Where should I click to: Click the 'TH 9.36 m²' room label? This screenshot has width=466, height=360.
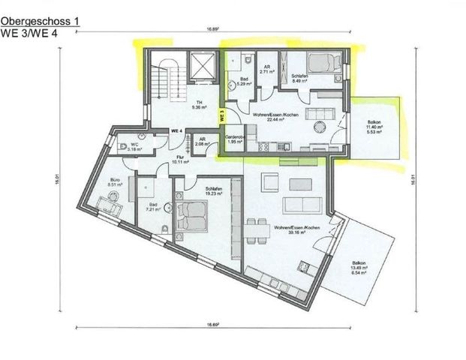pos(199,105)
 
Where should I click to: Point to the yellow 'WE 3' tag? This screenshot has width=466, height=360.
pos(222,116)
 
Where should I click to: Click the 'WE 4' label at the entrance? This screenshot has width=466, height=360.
pos(178,130)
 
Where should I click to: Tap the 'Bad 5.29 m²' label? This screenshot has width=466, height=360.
pos(244,82)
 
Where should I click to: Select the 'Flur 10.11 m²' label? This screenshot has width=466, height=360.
pos(179,159)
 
